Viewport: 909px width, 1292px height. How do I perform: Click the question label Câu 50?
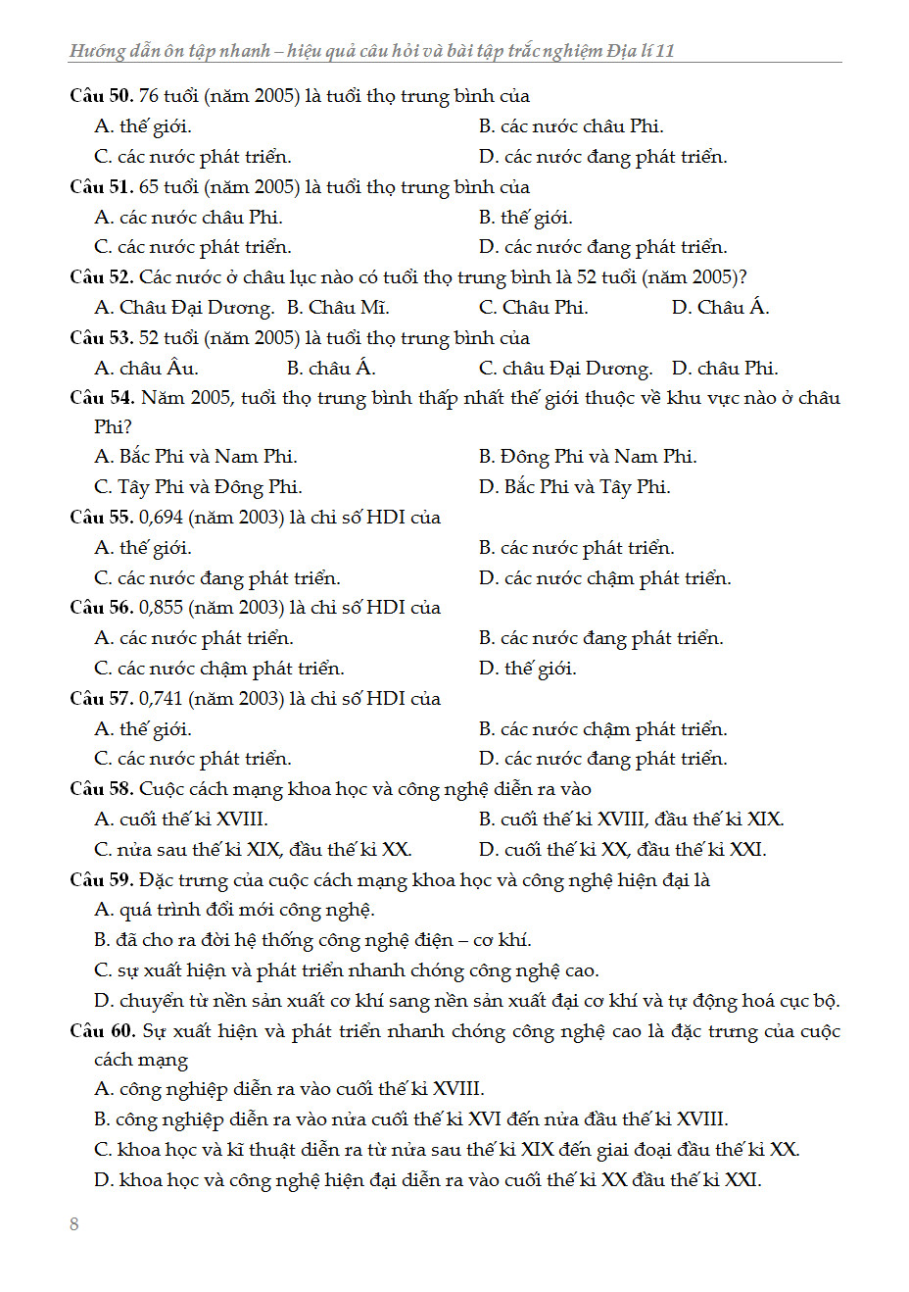101,96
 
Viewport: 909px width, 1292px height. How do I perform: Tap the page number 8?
74,1223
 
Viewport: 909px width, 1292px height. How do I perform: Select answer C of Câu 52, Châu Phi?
534,308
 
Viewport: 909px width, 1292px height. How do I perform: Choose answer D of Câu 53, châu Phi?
725,369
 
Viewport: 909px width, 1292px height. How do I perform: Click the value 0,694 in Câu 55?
161,518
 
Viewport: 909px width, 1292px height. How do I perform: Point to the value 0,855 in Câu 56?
161,608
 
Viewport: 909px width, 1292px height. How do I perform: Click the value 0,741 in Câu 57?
161,699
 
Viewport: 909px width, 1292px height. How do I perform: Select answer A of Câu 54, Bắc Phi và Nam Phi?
196,457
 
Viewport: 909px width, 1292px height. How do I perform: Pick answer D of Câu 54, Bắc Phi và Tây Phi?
575,487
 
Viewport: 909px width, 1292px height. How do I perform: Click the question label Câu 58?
101,789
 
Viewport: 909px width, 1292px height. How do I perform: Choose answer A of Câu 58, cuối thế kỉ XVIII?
181,820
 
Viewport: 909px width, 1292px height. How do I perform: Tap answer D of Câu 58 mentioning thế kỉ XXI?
622,850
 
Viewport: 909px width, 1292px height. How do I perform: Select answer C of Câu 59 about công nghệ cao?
347,970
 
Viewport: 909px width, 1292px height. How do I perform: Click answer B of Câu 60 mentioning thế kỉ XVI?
411,1119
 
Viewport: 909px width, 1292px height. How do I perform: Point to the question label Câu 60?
101,1031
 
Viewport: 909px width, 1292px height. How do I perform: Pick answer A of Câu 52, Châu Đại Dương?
184,308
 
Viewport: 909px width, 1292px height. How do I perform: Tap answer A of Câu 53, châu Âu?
147,369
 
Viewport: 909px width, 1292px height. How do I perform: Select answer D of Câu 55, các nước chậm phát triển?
605,578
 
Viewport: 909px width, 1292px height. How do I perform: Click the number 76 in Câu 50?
149,96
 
